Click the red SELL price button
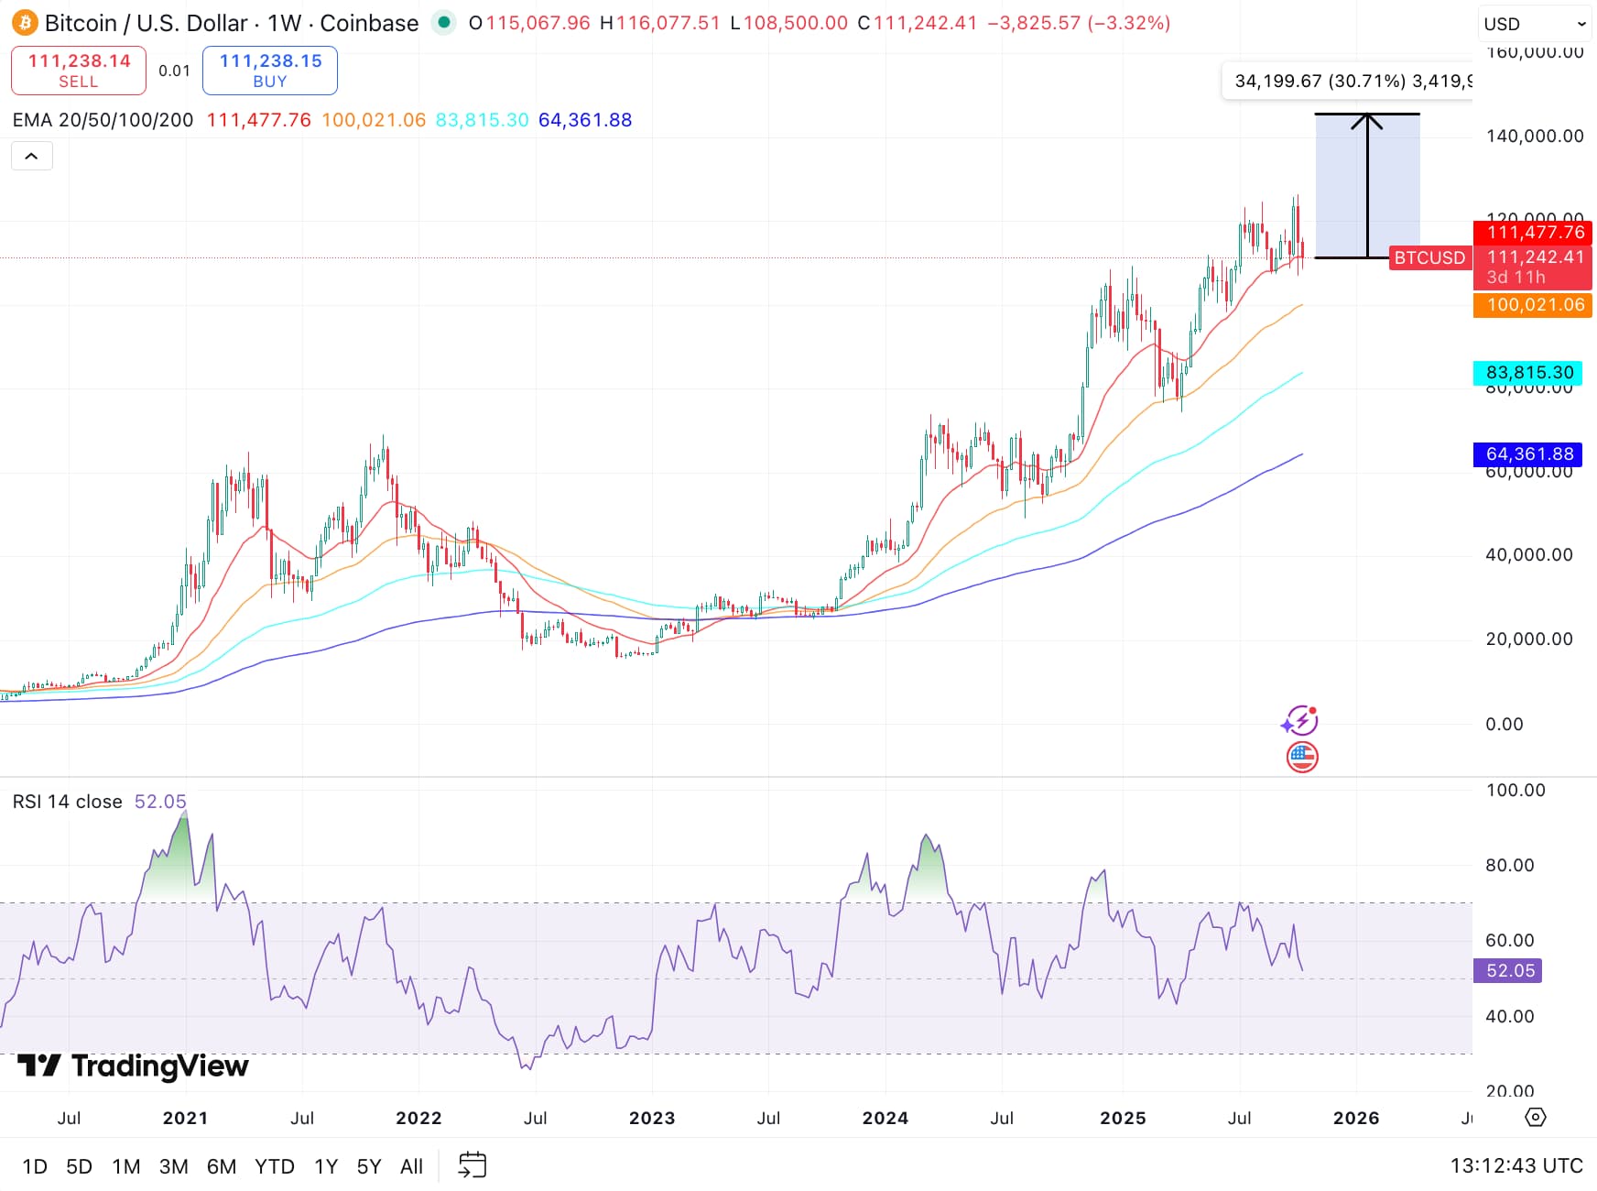pyautogui.click(x=79, y=71)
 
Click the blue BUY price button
pyautogui.click(x=270, y=71)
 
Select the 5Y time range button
pyautogui.click(x=369, y=1166)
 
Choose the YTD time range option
pyautogui.click(x=275, y=1166)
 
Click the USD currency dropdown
pyautogui.click(x=1533, y=25)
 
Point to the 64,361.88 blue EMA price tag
pyautogui.click(x=1528, y=454)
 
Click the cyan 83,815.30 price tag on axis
pyautogui.click(x=1528, y=373)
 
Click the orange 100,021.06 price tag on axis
pyautogui.click(x=1534, y=305)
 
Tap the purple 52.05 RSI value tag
pyautogui.click(x=1508, y=970)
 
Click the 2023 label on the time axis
pyautogui.click(x=651, y=1118)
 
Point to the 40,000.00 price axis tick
pyautogui.click(x=1528, y=555)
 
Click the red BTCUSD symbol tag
pyautogui.click(x=1429, y=258)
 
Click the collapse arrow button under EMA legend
pyautogui.click(x=31, y=157)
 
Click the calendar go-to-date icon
pyautogui.click(x=473, y=1165)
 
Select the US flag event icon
pyautogui.click(x=1301, y=757)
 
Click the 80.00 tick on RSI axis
pyautogui.click(x=1509, y=865)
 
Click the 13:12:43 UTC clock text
pyautogui.click(x=1516, y=1165)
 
